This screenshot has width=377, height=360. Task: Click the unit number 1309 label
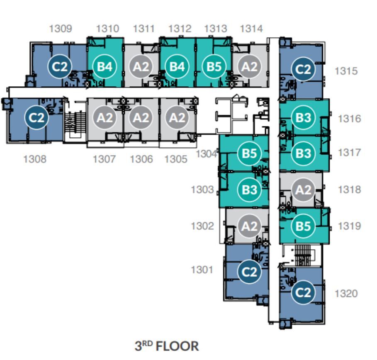click(x=61, y=29)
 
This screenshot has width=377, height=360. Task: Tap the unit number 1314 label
click(x=251, y=29)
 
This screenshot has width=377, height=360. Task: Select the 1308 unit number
click(x=35, y=159)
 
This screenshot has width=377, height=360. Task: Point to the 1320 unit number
click(x=346, y=293)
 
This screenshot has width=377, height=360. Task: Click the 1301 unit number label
click(x=202, y=270)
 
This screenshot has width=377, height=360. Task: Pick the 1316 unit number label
click(x=350, y=119)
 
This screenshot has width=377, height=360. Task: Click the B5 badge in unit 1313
click(x=214, y=66)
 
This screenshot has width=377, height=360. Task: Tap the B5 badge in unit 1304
click(x=249, y=153)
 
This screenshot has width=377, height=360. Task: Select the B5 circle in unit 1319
click(x=303, y=226)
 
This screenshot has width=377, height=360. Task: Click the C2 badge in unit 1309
click(x=60, y=66)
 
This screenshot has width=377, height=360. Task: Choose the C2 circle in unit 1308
click(x=36, y=117)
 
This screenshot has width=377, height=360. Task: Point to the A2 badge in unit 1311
click(x=141, y=66)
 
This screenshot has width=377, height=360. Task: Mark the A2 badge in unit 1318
click(x=303, y=190)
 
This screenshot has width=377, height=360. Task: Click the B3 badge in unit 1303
click(x=249, y=190)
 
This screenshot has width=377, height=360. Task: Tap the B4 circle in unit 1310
click(x=105, y=66)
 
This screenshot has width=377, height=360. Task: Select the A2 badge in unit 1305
click(x=177, y=117)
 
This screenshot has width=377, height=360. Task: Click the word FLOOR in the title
click(x=177, y=346)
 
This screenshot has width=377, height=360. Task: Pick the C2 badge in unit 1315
click(x=303, y=69)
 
